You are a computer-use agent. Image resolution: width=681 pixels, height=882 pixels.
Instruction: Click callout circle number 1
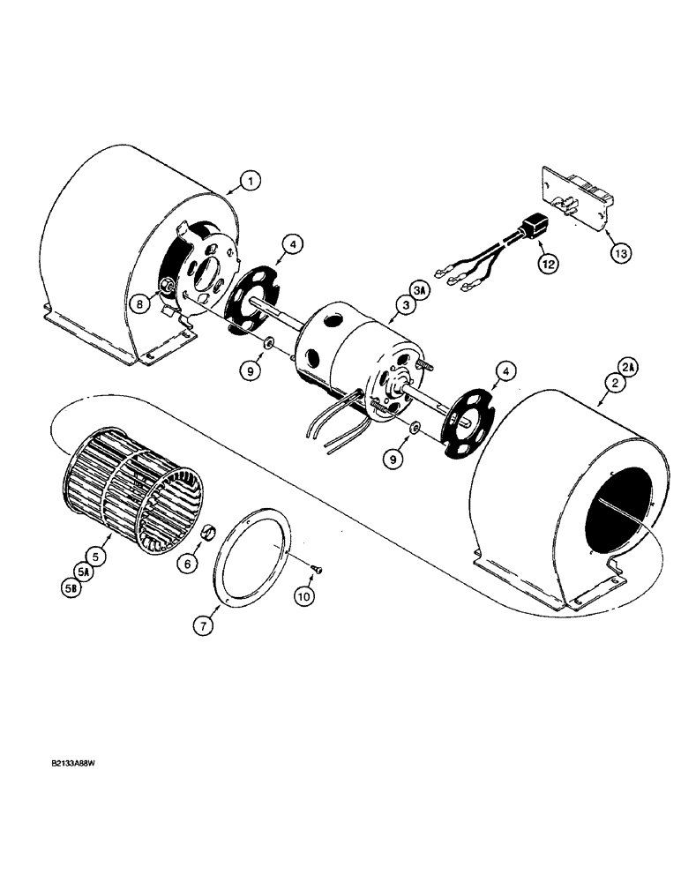[x=251, y=182]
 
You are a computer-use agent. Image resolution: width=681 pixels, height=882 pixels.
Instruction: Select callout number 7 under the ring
[x=203, y=627]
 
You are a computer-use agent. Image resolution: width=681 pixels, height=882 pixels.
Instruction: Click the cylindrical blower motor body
[x=353, y=353]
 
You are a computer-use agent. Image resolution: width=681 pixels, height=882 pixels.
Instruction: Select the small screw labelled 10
[x=318, y=571]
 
